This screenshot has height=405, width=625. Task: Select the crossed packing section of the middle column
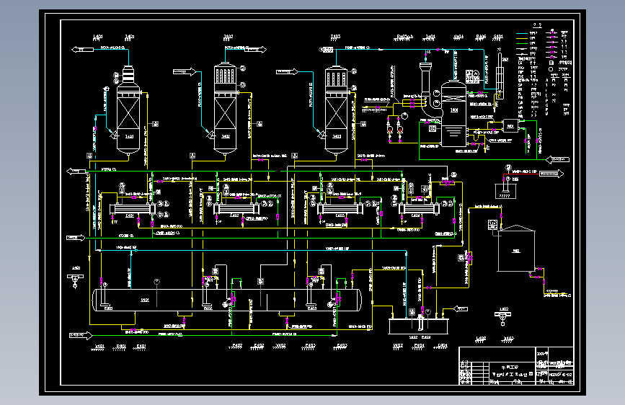225,115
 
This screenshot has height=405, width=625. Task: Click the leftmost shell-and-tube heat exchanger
130,209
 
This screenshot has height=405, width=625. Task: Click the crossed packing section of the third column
334,115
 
